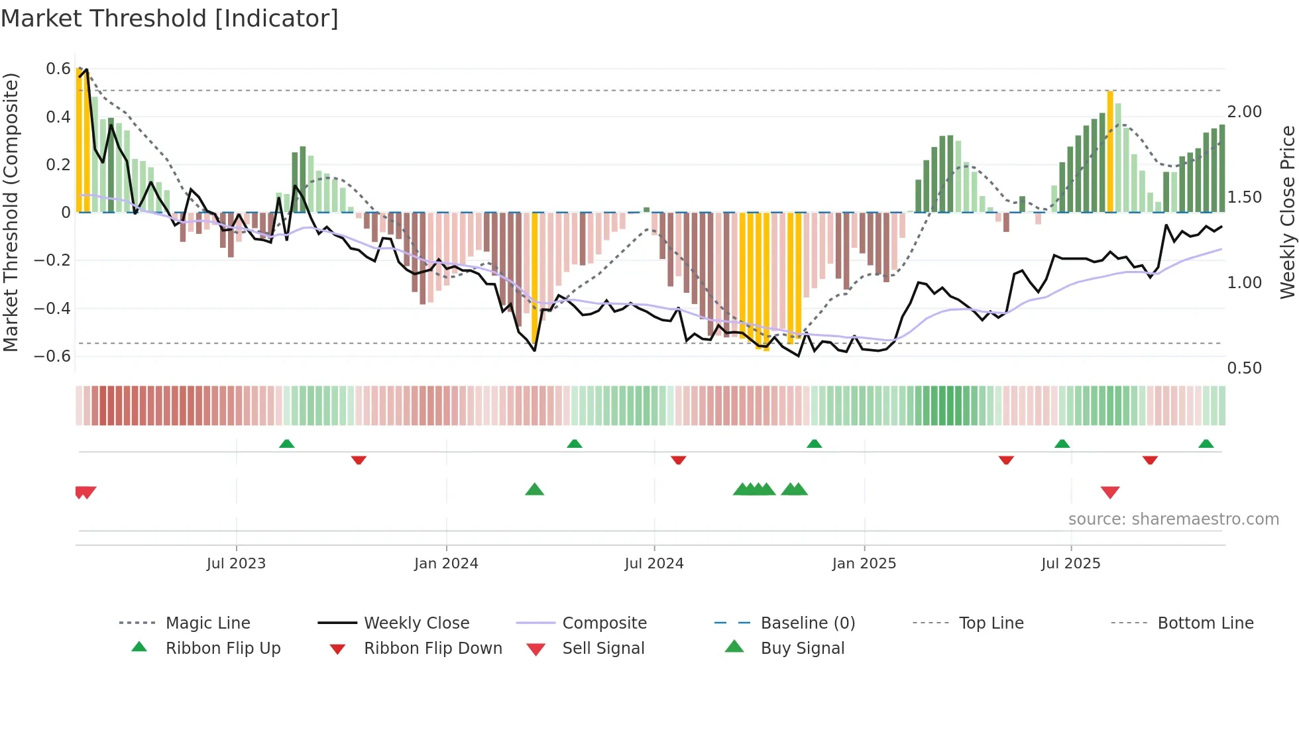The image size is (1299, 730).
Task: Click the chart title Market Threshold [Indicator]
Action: pos(170,19)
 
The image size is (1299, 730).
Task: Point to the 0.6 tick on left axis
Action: pos(58,69)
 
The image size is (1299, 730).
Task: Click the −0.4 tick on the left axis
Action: pos(53,308)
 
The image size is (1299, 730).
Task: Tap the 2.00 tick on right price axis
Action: pos(1244,111)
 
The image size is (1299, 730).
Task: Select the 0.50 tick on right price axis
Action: pos(1244,368)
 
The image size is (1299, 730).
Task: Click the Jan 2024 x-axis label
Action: pos(446,564)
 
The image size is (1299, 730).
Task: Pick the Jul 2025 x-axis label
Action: pos(1070,564)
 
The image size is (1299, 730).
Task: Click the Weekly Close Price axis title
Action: pos(1287,212)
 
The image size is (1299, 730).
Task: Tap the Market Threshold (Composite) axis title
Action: pos(11,212)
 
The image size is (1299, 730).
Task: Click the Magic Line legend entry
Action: pos(207,623)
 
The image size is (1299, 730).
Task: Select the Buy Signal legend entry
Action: pos(802,649)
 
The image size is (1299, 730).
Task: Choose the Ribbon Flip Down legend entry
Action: pos(432,649)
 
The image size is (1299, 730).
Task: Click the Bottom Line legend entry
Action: pos(1205,623)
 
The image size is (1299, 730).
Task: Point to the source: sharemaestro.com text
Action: pos(1173,519)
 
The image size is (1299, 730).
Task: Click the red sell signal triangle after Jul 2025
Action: pos(1110,492)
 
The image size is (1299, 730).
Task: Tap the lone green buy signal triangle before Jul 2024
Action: pos(534,490)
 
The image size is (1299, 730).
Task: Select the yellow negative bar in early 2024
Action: pos(535,278)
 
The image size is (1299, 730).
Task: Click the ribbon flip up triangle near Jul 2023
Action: pos(286,444)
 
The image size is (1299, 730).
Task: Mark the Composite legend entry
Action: pos(604,623)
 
